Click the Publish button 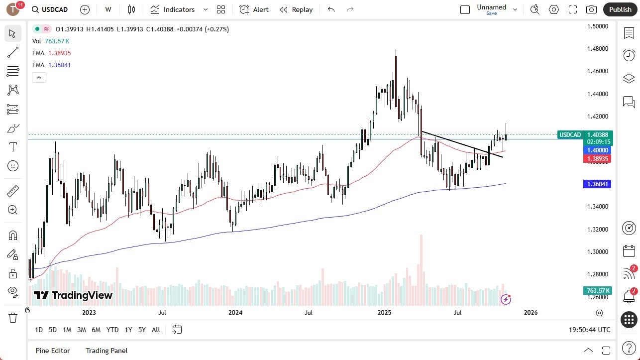(x=620, y=9)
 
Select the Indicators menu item (x=173, y=9)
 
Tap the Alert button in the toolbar (x=254, y=9)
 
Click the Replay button (x=296, y=9)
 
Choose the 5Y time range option (x=142, y=330)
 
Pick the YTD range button (x=112, y=330)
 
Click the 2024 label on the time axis (x=235, y=313)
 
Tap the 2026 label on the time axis (x=531, y=313)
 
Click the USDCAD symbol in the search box (x=55, y=9)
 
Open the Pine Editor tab (x=53, y=351)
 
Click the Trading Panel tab (x=107, y=351)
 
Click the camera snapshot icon (x=591, y=9)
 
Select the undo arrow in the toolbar (x=331, y=9)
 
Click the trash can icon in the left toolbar (x=12, y=317)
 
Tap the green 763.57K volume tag (x=598, y=291)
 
